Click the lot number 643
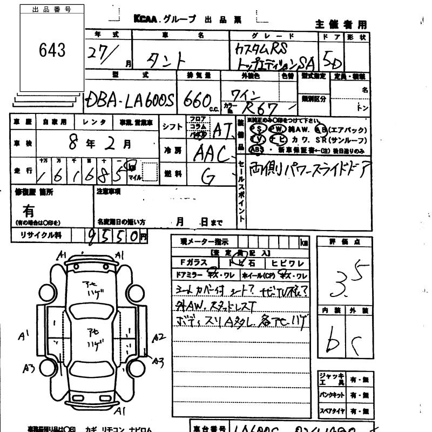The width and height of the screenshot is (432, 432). point(52,50)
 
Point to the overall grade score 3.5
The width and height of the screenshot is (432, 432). point(342,280)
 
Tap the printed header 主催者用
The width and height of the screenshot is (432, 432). point(340,24)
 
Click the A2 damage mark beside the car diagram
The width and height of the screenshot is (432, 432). point(158,337)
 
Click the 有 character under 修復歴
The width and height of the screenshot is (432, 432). point(28,211)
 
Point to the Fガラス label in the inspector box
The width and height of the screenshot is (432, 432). point(193,264)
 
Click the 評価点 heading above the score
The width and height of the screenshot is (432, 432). point(343,242)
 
